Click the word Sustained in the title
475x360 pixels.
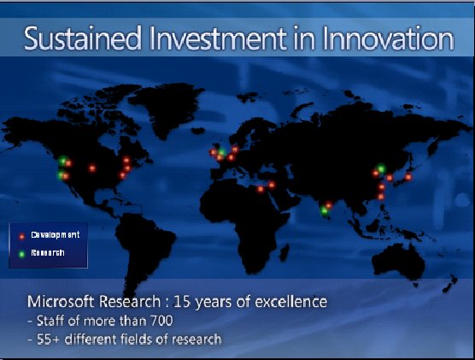coord(82,38)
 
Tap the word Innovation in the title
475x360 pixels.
coord(388,38)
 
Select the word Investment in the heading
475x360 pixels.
coord(218,38)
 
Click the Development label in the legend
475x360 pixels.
coord(56,235)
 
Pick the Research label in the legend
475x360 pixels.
coord(48,252)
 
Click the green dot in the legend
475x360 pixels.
coord(21,254)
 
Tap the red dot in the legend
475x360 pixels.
coord(21,236)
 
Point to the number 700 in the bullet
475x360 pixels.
coord(161,321)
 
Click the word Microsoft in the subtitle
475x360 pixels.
coord(62,302)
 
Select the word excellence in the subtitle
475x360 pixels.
coord(291,302)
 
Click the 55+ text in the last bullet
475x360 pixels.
coord(49,339)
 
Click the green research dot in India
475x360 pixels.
coord(324,210)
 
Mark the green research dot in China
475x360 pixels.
coord(381,168)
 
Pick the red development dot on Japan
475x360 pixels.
coord(408,177)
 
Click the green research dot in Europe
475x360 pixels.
coord(222,152)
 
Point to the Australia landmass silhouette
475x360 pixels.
coord(398,262)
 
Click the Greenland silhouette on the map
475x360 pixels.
coord(170,106)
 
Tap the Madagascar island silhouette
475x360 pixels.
coord(284,252)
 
